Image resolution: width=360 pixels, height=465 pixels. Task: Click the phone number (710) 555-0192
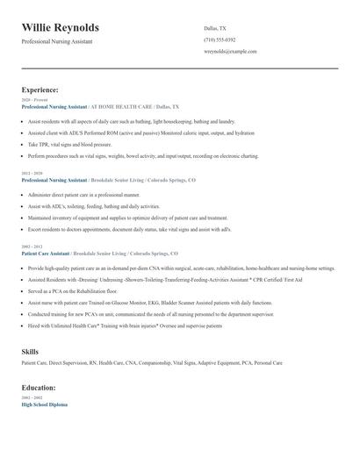click(220, 39)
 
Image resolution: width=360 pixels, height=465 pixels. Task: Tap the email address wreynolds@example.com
click(230, 52)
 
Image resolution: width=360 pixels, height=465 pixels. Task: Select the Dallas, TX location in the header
click(215, 28)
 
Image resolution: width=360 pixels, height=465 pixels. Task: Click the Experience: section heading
click(40, 89)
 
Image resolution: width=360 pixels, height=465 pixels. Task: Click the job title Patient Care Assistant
click(46, 254)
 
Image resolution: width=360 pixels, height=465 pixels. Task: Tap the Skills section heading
click(30, 352)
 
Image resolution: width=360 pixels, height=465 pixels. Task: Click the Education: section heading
click(40, 387)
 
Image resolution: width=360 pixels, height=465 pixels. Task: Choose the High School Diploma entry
click(44, 404)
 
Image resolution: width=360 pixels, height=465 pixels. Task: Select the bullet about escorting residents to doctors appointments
click(130, 230)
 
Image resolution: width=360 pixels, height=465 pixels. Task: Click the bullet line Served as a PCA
click(72, 290)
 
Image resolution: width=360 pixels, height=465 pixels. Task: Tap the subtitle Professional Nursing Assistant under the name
click(57, 41)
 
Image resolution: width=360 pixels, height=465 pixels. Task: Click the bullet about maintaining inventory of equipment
click(128, 218)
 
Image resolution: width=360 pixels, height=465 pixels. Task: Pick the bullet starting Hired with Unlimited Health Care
click(125, 325)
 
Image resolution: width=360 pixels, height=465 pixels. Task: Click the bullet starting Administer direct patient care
click(83, 194)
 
